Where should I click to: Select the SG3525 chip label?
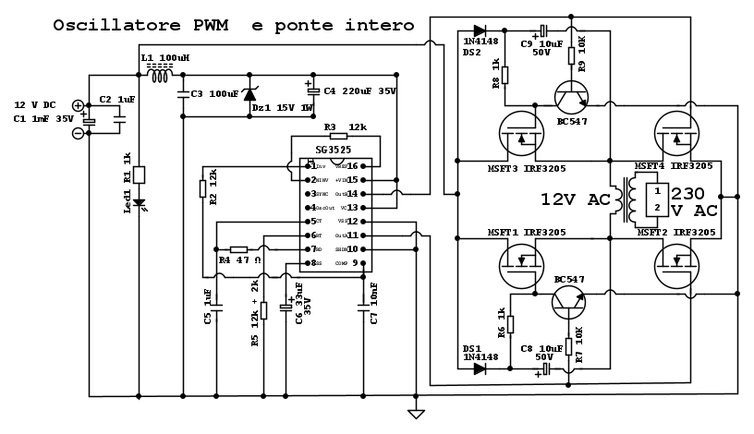334,149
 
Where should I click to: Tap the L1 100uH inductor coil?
160,76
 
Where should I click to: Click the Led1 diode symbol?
139,203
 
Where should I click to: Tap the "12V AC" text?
575,199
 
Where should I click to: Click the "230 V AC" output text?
693,202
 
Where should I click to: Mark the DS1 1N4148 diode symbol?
480,368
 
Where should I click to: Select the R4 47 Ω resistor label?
237,261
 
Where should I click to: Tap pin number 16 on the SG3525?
352,165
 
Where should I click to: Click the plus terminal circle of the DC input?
78,106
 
